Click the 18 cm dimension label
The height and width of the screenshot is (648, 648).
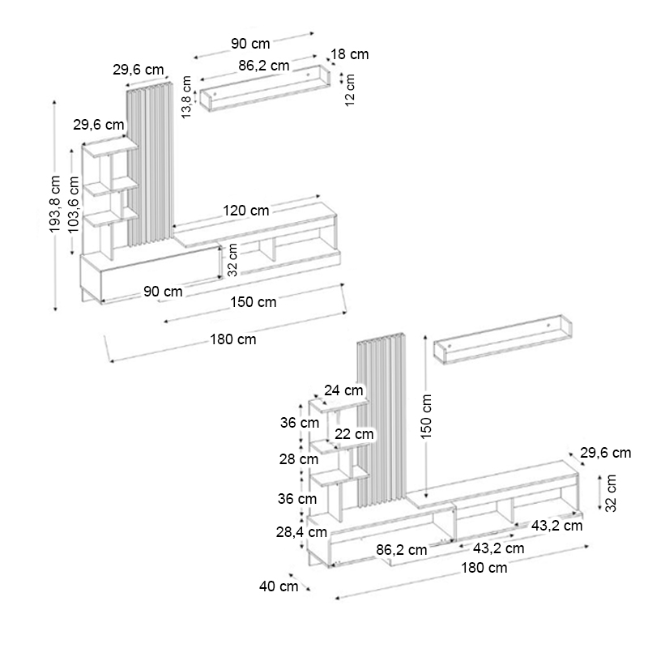pyautogui.click(x=350, y=54)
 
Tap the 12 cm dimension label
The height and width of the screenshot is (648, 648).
pyautogui.click(x=350, y=90)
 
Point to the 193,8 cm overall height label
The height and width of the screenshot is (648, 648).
pyautogui.click(x=56, y=204)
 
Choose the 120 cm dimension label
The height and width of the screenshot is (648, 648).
pyautogui.click(x=246, y=211)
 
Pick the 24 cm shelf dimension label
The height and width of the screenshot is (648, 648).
pyautogui.click(x=343, y=390)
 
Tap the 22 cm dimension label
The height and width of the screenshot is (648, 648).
pyautogui.click(x=354, y=434)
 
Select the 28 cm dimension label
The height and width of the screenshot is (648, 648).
pyautogui.click(x=298, y=459)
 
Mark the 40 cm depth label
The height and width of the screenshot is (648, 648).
pyautogui.click(x=279, y=586)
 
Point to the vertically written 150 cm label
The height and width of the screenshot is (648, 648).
pyautogui.click(x=427, y=416)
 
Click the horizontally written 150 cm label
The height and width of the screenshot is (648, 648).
pyautogui.click(x=253, y=302)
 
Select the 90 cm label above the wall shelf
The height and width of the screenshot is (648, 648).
pyautogui.click(x=250, y=43)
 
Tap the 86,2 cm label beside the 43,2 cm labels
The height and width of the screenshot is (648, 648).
pyautogui.click(x=402, y=549)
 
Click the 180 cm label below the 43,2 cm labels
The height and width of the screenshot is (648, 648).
pyautogui.click(x=484, y=568)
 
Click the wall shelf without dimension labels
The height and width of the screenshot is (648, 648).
pyautogui.click(x=502, y=340)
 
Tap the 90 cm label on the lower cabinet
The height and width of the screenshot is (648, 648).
pyautogui.click(x=163, y=291)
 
